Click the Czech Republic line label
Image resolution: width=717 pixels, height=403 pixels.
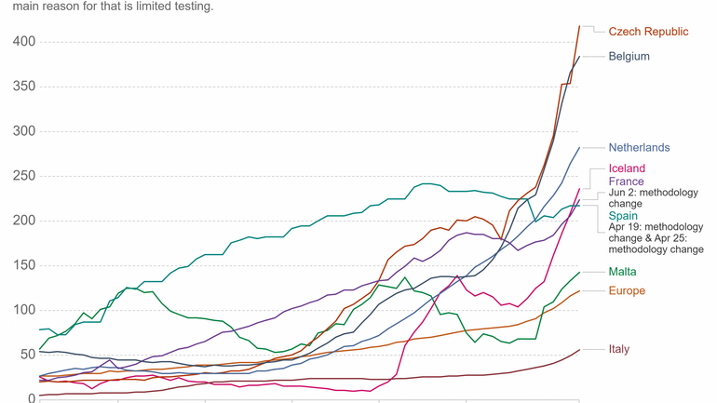[x=648, y=32]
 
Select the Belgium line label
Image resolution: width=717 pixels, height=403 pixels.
[x=629, y=56]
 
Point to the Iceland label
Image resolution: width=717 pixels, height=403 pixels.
[x=627, y=168]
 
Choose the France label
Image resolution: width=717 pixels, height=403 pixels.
[x=626, y=181]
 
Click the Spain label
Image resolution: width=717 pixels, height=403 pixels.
[x=624, y=216]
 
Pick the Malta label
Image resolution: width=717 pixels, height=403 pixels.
[x=623, y=271]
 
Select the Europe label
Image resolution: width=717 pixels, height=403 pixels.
[x=627, y=291]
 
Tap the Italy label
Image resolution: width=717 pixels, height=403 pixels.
[x=619, y=349]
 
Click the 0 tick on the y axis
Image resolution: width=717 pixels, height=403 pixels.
[x=31, y=398]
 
